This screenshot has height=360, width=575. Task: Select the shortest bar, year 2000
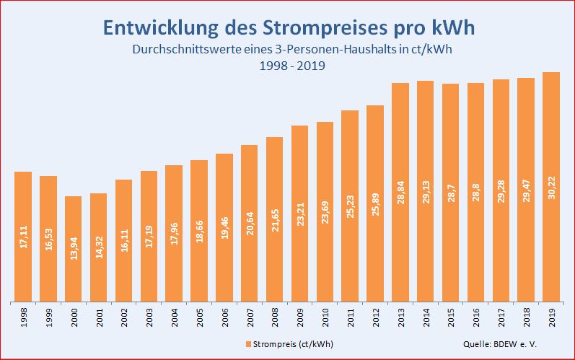tap(74, 248)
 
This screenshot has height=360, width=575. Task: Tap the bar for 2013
tap(400, 192)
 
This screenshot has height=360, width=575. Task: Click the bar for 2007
tap(250, 223)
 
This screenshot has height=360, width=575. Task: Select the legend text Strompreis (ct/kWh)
tap(293, 343)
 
